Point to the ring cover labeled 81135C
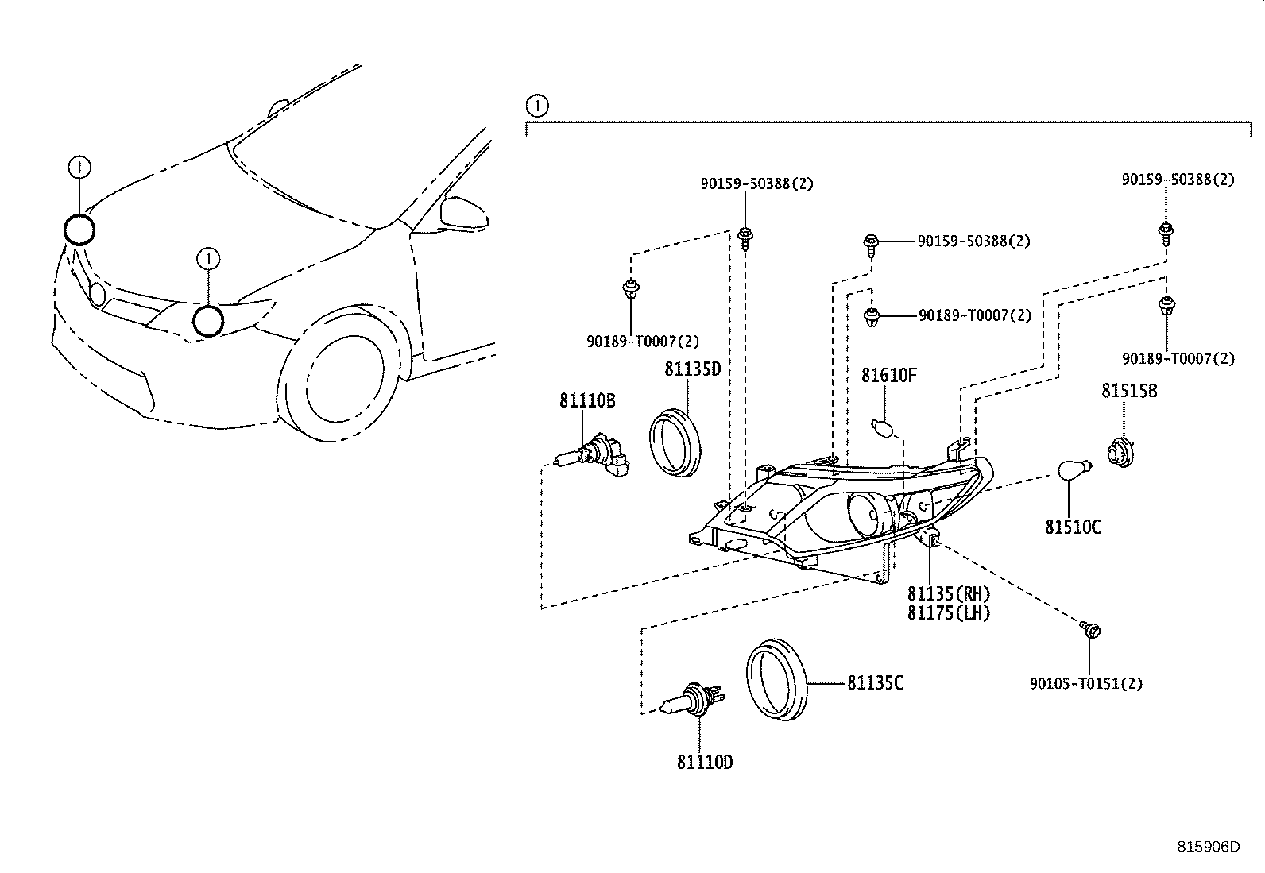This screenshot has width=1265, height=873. (777, 679)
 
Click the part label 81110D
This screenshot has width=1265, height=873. (705, 763)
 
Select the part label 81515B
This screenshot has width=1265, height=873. (1129, 391)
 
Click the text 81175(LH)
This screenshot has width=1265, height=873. (950, 612)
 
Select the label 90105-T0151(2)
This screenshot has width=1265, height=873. (1086, 683)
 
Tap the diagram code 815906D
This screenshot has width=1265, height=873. (1208, 846)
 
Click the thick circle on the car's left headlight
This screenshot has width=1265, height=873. (208, 321)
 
